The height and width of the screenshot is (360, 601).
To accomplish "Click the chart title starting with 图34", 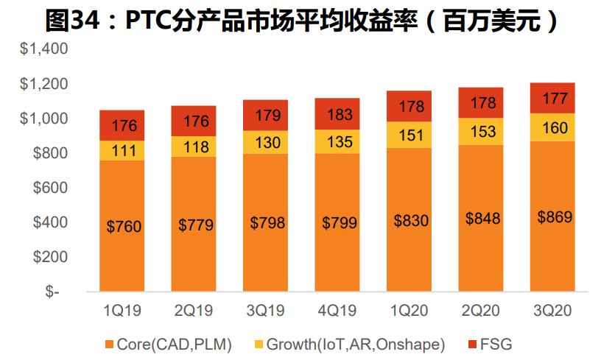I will (300, 20).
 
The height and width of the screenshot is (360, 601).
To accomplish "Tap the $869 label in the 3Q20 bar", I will (554, 217).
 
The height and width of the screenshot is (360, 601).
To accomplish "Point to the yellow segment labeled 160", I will (554, 127).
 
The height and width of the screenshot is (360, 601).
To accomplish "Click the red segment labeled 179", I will (267, 116).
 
